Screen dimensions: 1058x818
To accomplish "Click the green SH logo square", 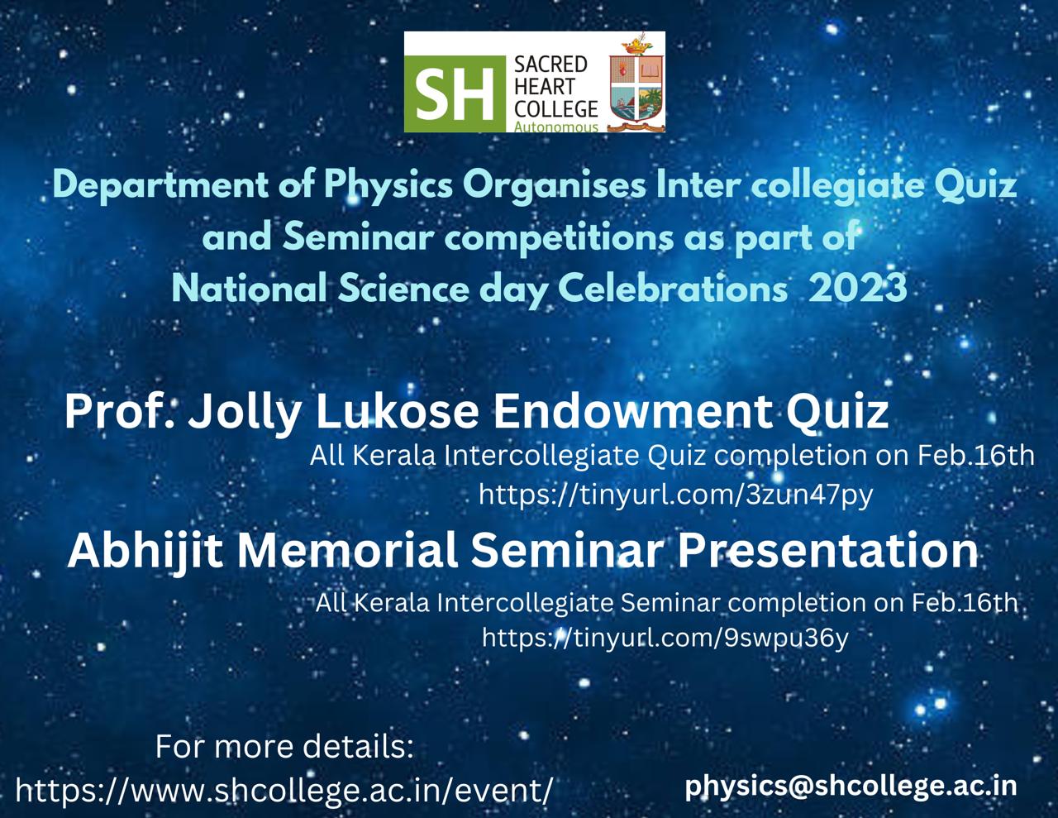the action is click(455, 93).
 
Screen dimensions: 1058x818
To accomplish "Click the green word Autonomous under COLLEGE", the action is click(556, 127).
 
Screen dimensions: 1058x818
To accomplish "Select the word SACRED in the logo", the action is click(550, 65).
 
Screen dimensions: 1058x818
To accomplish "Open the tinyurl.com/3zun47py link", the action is click(675, 495).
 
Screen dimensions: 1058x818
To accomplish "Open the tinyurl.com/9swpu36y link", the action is click(665, 637).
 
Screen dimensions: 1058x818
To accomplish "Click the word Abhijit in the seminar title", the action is click(145, 552).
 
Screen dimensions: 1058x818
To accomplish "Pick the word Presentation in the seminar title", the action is click(827, 551).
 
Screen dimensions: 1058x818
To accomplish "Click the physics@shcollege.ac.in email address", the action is click(851, 786).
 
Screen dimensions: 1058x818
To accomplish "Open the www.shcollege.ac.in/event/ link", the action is click(284, 790).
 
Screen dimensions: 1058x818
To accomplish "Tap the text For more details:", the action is click(284, 746).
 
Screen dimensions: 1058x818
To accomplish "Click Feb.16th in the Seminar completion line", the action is click(965, 603).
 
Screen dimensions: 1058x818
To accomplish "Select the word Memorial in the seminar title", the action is click(346, 551).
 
